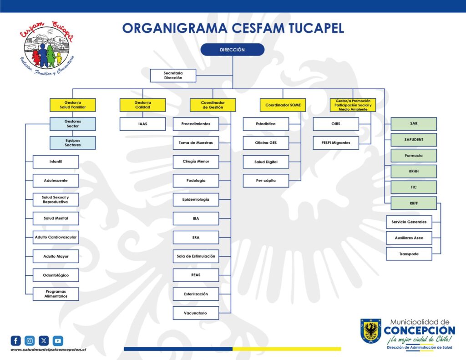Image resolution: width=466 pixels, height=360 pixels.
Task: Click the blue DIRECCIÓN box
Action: click(233, 50)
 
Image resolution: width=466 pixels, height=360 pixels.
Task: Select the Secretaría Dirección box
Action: click(173, 76)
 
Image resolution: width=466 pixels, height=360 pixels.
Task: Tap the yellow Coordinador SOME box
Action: click(283, 105)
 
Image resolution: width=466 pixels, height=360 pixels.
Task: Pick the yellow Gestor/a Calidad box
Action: click(142, 105)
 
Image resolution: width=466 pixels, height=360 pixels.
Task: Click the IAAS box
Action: click(142, 124)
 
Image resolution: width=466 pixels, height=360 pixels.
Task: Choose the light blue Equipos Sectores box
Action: click(72, 143)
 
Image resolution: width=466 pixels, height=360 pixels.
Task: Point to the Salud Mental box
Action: click(56, 218)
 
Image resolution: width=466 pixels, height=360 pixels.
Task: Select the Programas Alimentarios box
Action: click(56, 294)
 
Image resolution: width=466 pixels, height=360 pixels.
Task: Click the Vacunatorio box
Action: click(196, 313)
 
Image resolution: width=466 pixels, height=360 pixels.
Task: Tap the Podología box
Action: click(196, 180)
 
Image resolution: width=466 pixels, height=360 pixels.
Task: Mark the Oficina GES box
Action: click(266, 143)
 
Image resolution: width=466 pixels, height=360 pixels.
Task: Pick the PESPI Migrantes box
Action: click(336, 143)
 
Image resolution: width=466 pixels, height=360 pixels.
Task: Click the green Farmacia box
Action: click(414, 156)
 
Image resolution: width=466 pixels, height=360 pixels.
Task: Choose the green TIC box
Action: click(414, 188)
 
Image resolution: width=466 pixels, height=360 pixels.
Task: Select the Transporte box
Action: click(409, 254)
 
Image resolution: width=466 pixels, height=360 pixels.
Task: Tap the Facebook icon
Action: click(16, 341)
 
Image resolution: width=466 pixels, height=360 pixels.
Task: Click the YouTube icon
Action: click(58, 341)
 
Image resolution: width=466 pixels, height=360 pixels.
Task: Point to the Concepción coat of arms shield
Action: click(370, 331)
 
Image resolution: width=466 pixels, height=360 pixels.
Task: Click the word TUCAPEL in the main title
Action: click(316, 28)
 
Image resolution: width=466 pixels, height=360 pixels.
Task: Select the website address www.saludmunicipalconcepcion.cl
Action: click(48, 350)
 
